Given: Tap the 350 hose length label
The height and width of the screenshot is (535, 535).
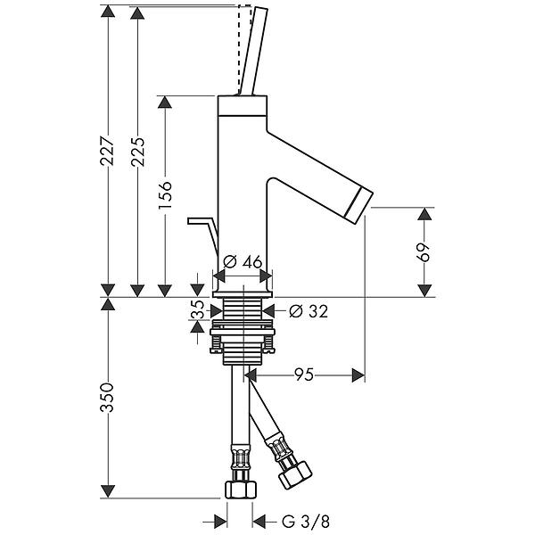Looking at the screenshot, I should pyautogui.click(x=106, y=397).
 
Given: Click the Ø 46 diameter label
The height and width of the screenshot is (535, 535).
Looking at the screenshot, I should pyautogui.click(x=243, y=262).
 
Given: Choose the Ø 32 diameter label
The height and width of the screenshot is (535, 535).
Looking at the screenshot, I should pyautogui.click(x=307, y=311).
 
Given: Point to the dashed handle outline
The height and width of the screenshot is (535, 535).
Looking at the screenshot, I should pyautogui.click(x=240, y=49).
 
